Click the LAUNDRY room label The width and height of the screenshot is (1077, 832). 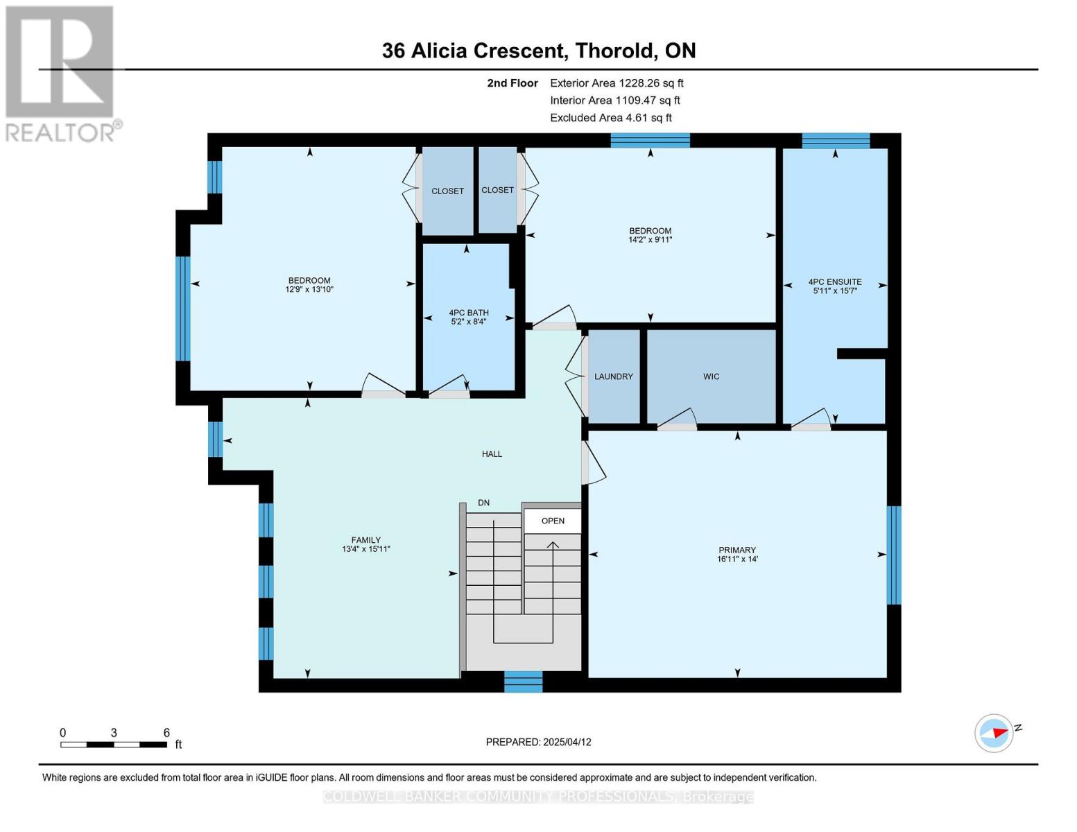pyautogui.click(x=613, y=376)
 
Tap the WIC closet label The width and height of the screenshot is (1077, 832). pyautogui.click(x=711, y=376)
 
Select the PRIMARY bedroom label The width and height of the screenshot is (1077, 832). pyautogui.click(x=736, y=550)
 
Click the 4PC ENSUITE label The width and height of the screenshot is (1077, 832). pyautogui.click(x=835, y=282)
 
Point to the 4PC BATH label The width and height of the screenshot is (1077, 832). pyautogui.click(x=468, y=313)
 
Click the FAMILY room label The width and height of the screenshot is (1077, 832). pyautogui.click(x=365, y=540)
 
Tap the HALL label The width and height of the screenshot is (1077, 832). pyautogui.click(x=492, y=454)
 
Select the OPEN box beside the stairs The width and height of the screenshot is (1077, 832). pyautogui.click(x=553, y=521)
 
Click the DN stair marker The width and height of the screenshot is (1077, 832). pyautogui.click(x=483, y=503)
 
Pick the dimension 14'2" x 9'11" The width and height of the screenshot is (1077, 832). pyautogui.click(x=650, y=240)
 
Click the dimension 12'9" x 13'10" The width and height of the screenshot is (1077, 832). pyautogui.click(x=309, y=290)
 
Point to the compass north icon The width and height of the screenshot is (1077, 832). pyautogui.click(x=994, y=733)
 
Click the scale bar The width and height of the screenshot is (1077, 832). pyautogui.click(x=113, y=745)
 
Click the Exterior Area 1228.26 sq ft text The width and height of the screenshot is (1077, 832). pyautogui.click(x=617, y=83)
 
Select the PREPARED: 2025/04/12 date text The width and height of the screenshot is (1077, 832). pyautogui.click(x=538, y=742)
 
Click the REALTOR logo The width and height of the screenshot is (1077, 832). pyautogui.click(x=61, y=73)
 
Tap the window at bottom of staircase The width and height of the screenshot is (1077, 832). pyautogui.click(x=523, y=682)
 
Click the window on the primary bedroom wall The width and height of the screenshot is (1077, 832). pyautogui.click(x=894, y=555)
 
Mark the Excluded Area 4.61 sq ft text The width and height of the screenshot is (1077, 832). pyautogui.click(x=610, y=118)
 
